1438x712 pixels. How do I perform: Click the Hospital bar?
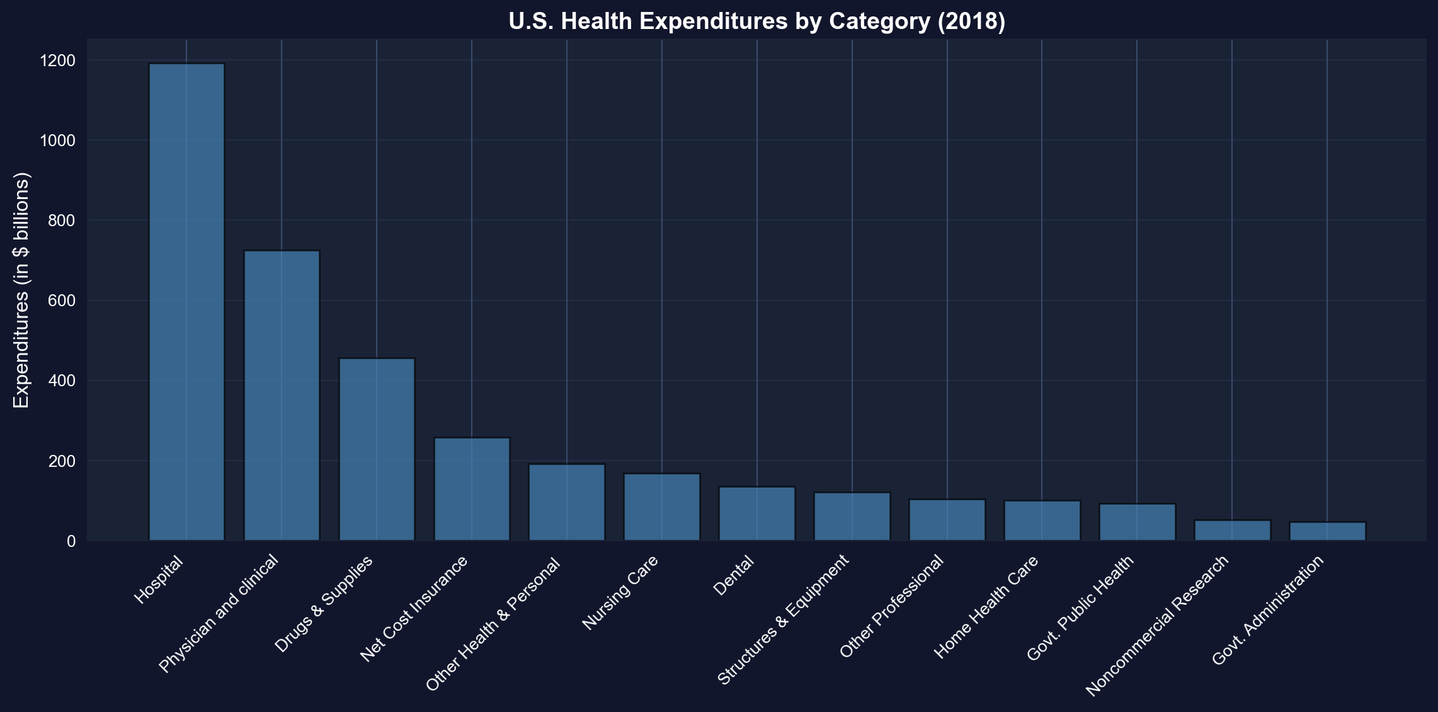(x=186, y=302)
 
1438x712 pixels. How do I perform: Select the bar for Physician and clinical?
(x=282, y=396)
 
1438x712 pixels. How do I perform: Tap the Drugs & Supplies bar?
(x=377, y=449)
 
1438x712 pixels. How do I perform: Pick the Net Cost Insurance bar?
(x=472, y=489)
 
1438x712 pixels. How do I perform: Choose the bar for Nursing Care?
(x=662, y=507)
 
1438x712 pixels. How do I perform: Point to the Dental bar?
(x=757, y=514)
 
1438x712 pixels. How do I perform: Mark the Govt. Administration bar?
(x=1327, y=531)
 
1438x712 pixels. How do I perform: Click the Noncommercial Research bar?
(x=1232, y=531)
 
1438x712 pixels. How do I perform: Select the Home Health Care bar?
(x=1042, y=520)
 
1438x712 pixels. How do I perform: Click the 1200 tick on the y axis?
(x=57, y=60)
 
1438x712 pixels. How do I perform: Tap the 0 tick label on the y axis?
(x=71, y=541)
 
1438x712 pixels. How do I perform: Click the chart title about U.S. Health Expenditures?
(x=756, y=21)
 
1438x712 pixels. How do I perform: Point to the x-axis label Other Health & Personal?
(x=494, y=625)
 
